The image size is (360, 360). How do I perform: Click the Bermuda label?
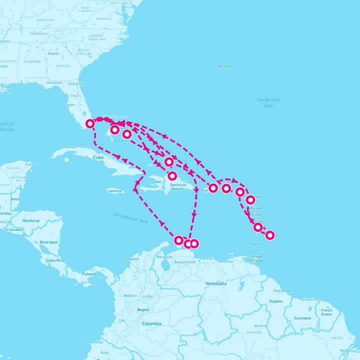pos(225,66)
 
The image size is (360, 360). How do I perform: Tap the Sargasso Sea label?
pos(268,102)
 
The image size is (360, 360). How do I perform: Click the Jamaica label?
pos(115,190)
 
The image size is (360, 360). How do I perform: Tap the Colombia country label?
pos(151,323)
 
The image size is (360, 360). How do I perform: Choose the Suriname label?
pos(302,318)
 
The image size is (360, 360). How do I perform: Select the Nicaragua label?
pos(48,242)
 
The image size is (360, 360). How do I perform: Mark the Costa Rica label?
pos(54,260)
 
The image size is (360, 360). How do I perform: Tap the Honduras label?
pos(30,220)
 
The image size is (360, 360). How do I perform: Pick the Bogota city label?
pos(143,309)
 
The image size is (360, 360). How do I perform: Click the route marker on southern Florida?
pos(90,123)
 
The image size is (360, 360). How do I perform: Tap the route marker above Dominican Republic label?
pos(172,176)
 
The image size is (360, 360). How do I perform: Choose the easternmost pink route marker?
pos(270,235)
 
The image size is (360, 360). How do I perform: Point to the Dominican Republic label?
pos(178,187)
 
